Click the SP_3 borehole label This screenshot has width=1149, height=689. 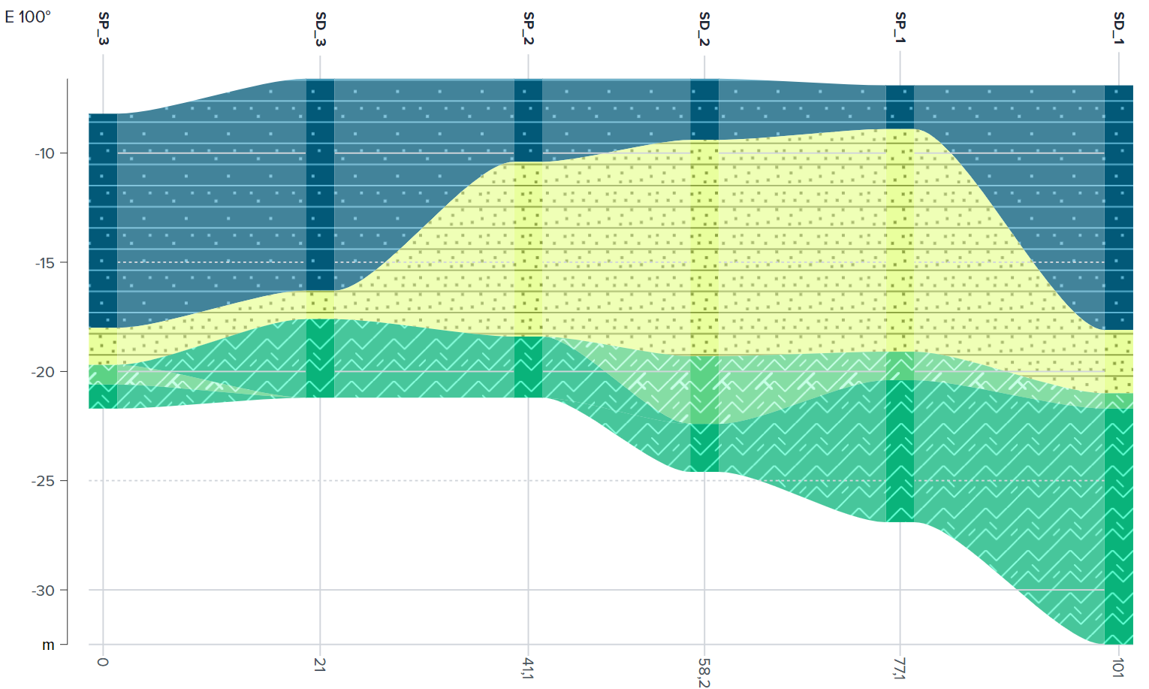click(104, 28)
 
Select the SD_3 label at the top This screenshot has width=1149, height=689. click(321, 28)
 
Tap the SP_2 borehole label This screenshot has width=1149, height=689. click(529, 28)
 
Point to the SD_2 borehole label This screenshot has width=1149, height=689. click(704, 28)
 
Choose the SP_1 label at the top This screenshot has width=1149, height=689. click(900, 28)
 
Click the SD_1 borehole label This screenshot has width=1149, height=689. click(1119, 28)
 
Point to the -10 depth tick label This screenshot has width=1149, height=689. click(44, 154)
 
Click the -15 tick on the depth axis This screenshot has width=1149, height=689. click(44, 263)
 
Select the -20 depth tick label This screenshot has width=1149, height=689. click(44, 372)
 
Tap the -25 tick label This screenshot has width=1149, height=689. click(44, 481)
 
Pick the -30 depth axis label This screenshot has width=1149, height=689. click(44, 591)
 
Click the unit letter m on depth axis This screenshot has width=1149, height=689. click(48, 645)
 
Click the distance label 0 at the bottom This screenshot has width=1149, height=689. click(103, 662)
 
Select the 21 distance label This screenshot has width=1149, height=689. click(320, 664)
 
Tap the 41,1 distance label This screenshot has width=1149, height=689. click(528, 668)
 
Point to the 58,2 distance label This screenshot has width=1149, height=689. click(704, 671)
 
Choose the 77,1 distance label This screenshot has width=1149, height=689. click(900, 668)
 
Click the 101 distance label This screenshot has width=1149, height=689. click(1117, 667)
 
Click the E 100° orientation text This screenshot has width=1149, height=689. click(28, 17)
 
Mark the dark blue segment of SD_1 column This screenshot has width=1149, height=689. click(1118, 207)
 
